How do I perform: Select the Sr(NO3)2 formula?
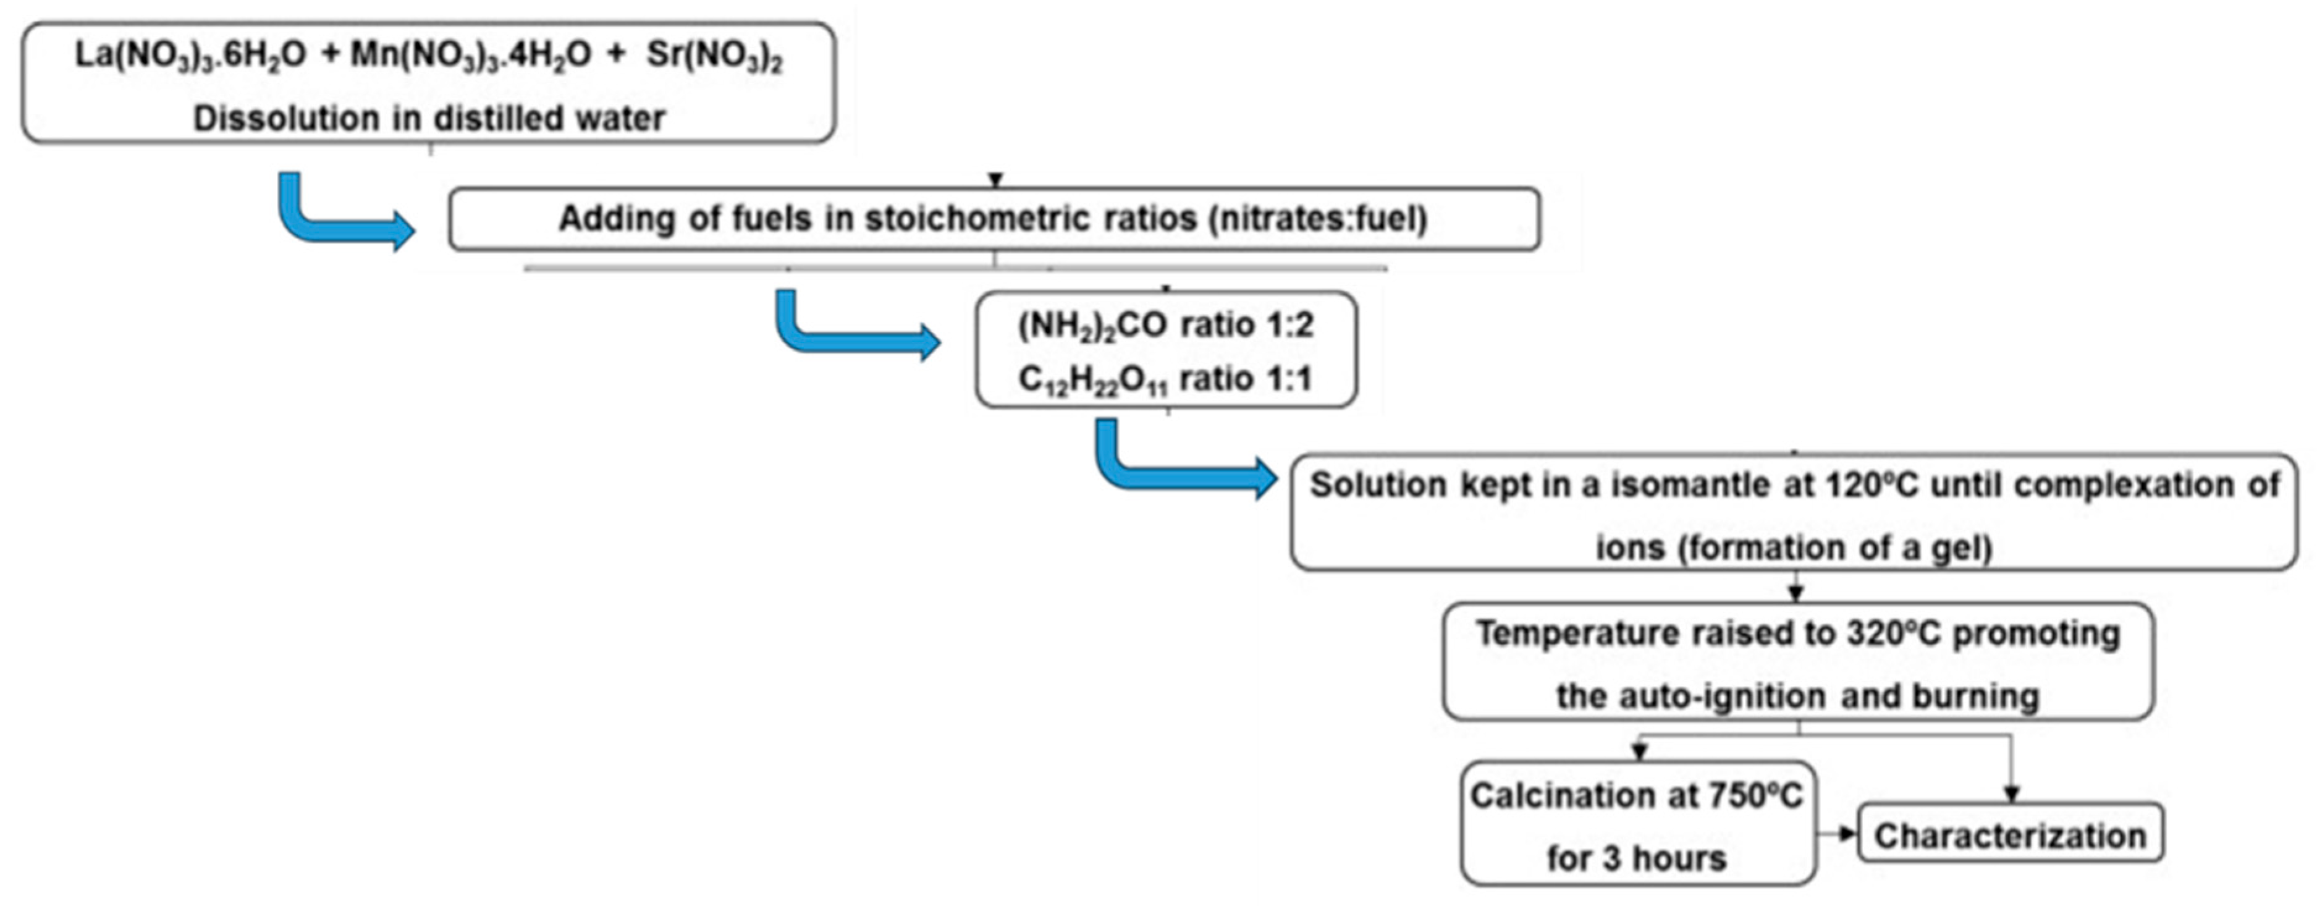(x=714, y=56)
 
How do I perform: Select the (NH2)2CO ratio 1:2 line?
(x=1166, y=325)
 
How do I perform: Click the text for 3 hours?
(x=1637, y=858)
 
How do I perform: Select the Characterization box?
(x=2011, y=835)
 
